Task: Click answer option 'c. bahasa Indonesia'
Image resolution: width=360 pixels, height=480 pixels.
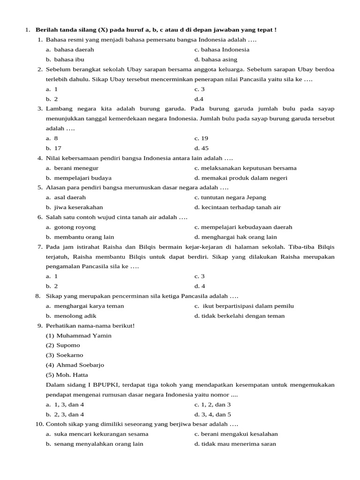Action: (222, 50)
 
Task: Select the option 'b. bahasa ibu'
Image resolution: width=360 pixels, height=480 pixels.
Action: (65, 60)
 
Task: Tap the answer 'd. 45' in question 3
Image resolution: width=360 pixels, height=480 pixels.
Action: (202, 148)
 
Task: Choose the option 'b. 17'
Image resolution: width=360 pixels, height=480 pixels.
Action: (54, 148)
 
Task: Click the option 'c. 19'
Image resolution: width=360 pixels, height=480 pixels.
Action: (202, 138)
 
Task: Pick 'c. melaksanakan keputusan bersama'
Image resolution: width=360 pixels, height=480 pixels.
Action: (245, 168)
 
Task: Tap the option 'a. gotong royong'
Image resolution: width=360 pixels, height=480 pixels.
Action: (71, 227)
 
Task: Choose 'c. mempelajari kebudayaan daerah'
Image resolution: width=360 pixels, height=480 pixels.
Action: (243, 227)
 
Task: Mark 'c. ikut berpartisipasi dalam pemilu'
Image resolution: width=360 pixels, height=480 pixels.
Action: (244, 306)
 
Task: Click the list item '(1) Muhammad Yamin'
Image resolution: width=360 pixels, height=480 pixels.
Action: (79, 336)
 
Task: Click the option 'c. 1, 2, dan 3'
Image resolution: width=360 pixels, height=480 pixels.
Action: (212, 405)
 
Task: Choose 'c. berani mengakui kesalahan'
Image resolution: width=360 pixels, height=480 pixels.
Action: (236, 434)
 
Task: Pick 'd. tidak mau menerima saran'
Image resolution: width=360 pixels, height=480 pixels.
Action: (235, 444)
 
